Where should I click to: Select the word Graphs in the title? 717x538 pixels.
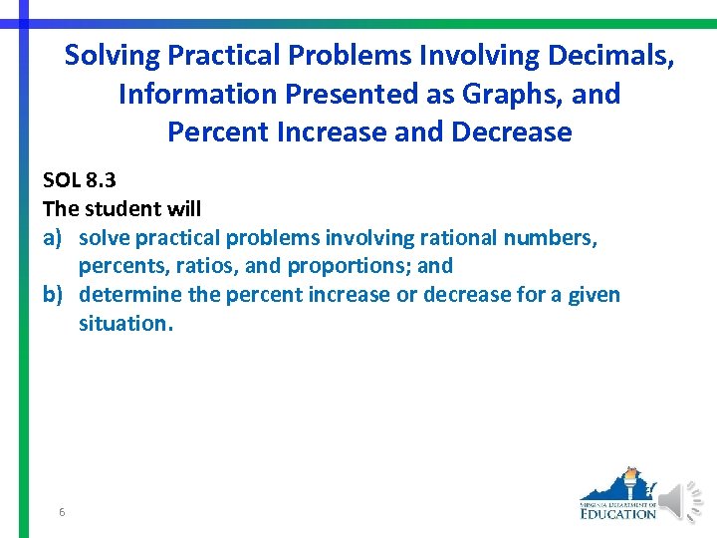point(517,94)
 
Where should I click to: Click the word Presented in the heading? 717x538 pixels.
point(341,94)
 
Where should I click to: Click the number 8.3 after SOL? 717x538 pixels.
point(104,180)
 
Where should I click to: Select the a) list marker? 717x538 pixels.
point(54,238)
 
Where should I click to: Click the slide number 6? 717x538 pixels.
point(62,512)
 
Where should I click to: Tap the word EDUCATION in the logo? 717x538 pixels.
point(618,513)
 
